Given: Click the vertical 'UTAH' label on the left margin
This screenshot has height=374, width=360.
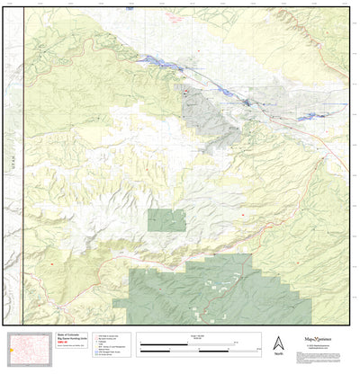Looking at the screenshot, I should click(x=15, y=163).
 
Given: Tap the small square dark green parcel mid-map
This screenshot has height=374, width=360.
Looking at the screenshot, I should click(x=166, y=220).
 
